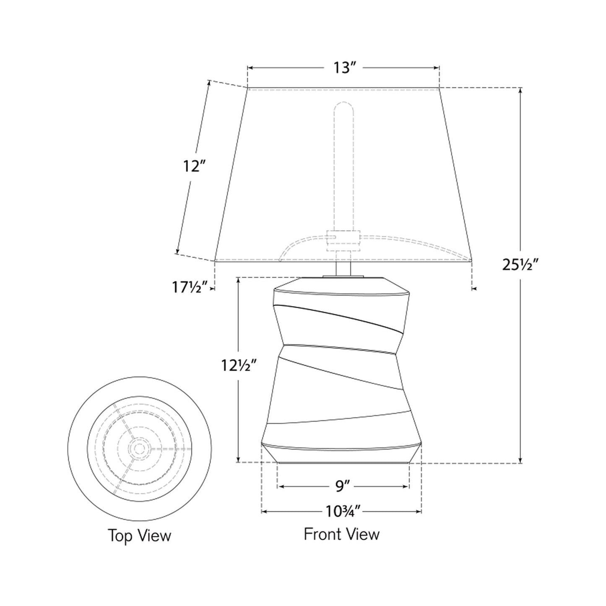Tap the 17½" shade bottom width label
(190, 288)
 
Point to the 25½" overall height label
(520, 265)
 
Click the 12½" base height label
(239, 366)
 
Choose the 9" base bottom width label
(343, 486)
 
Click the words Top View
(139, 536)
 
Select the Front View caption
(341, 534)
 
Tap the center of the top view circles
(139, 448)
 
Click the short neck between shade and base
(343, 268)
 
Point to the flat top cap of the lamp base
(342, 283)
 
